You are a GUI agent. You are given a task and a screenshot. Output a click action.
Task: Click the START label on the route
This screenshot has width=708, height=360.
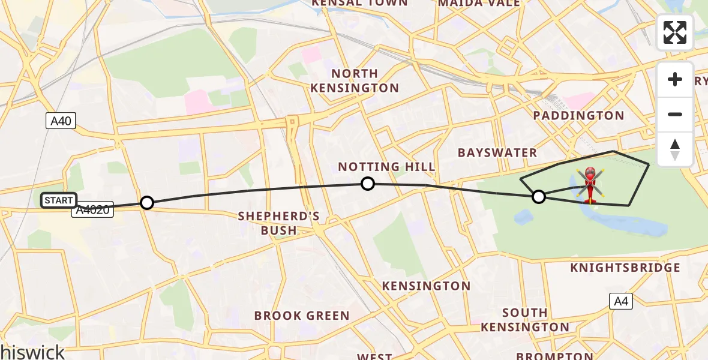tap(59, 200)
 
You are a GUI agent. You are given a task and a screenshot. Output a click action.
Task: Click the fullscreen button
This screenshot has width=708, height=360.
tap(675, 32)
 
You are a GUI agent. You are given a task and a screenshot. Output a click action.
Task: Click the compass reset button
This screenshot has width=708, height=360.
tap(675, 149)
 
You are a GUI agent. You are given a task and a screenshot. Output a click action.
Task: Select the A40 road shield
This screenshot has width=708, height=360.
tap(61, 121)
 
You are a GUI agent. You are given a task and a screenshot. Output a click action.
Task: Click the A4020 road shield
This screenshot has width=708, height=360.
tap(93, 211)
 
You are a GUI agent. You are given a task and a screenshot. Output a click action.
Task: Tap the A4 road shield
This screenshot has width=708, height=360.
tap(621, 301)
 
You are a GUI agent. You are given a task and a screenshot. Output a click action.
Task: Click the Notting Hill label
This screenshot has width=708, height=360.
tap(386, 167)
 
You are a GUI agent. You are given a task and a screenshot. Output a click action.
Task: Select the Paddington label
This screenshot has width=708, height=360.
tap(579, 115)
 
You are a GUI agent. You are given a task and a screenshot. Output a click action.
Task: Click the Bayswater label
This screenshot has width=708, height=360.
tap(497, 152)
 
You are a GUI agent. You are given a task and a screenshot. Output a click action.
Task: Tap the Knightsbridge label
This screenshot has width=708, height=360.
tap(626, 268)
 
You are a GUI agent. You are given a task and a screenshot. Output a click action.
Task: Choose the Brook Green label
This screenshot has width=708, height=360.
tap(302, 316)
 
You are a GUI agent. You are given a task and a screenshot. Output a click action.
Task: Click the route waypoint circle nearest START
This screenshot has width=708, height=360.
tap(147, 203)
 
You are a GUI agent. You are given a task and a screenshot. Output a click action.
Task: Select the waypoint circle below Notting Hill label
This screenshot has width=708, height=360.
tap(368, 184)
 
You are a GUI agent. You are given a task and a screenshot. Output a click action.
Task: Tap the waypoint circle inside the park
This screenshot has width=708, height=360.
tap(539, 196)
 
